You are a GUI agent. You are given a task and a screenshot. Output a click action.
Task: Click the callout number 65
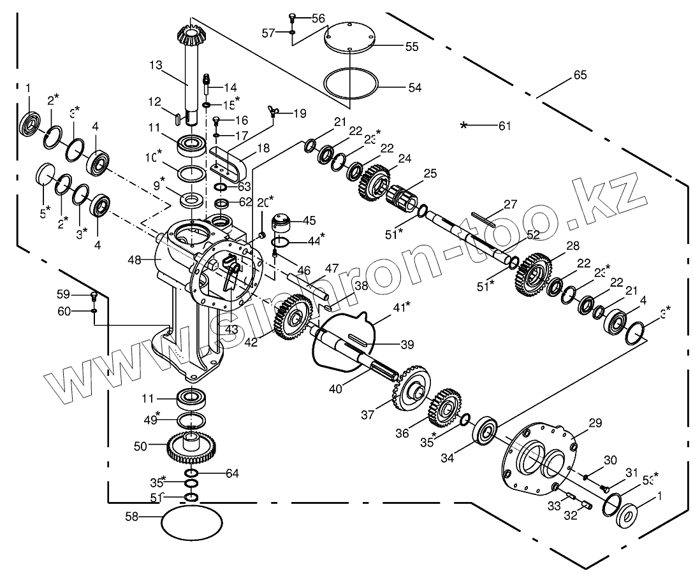point(580,75)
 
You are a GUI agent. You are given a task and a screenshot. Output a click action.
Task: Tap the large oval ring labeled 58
point(191,523)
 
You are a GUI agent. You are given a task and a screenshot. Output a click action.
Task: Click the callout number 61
point(505,126)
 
